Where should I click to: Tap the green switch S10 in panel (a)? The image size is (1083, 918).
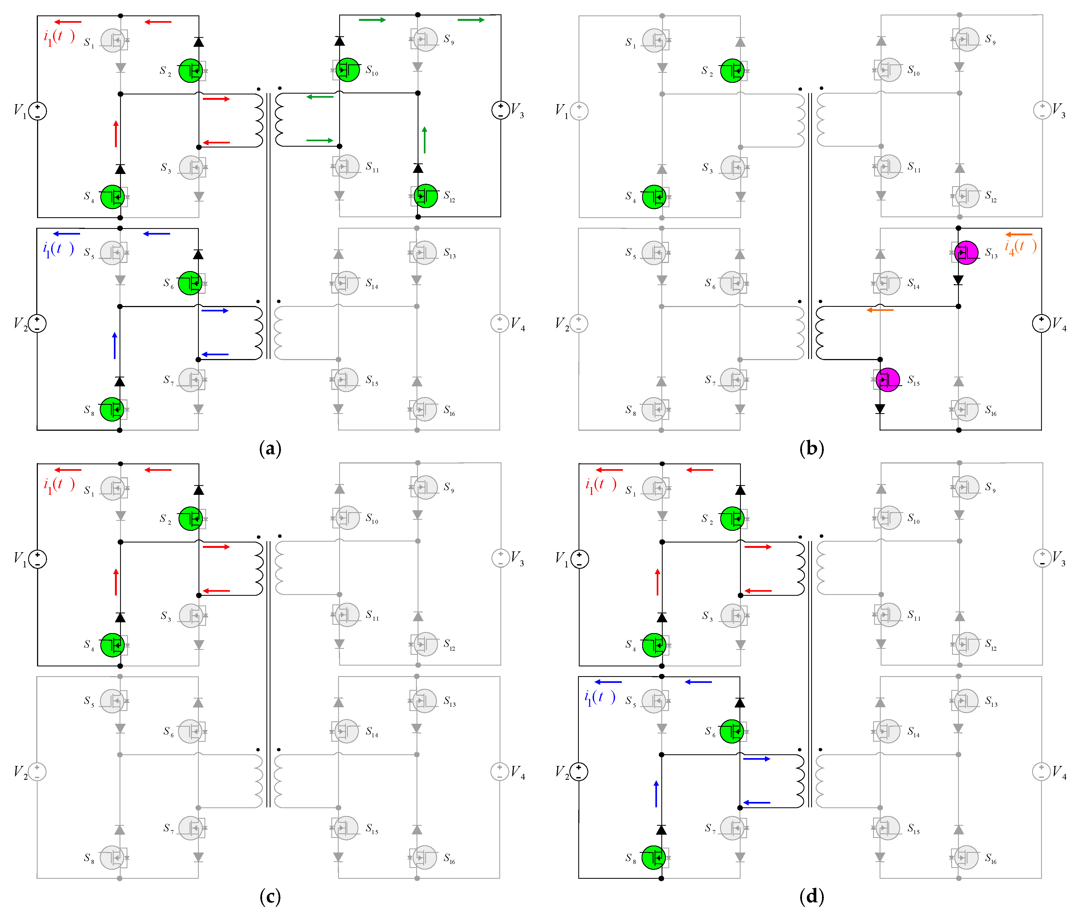pos(348,70)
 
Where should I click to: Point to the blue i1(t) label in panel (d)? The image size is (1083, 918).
pos(599,697)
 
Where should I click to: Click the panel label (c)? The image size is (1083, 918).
pos(270,896)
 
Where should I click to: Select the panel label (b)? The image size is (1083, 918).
pos(811,448)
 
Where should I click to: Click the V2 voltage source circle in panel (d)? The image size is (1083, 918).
pos(579,771)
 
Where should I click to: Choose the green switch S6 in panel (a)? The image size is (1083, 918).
pos(190,283)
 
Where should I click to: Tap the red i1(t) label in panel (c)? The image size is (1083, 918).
pos(59,485)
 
